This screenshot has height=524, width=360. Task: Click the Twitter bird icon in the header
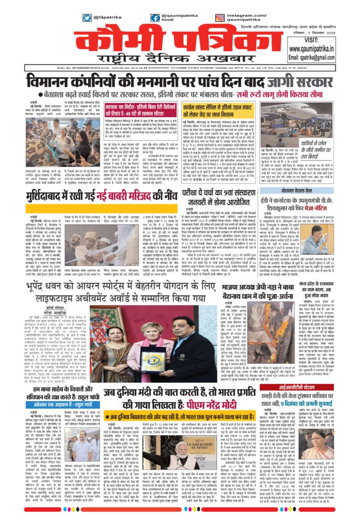pos(88,17)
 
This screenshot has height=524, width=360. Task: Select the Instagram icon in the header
pos(220,17)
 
